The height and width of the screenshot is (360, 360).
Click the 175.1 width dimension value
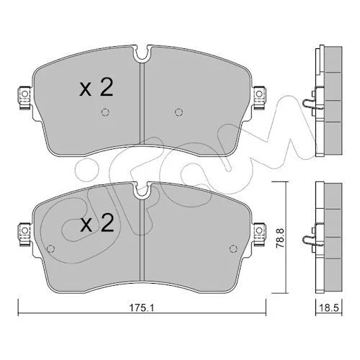[142, 307]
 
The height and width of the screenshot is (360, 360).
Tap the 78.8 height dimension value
[280, 238]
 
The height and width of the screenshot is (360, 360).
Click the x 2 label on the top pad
[96, 88]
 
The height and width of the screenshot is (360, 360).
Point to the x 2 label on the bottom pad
[96, 223]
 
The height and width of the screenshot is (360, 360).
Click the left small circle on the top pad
[105, 112]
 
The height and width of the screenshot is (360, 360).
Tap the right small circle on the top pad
[179, 112]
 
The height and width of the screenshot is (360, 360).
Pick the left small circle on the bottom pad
[50, 248]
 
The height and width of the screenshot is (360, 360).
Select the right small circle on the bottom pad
[233, 248]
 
